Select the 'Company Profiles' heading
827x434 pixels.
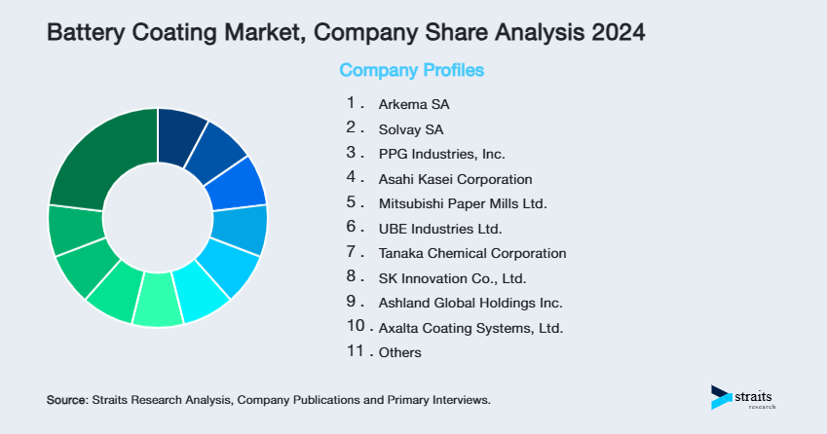click(411, 70)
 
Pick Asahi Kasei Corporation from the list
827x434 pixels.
click(455, 179)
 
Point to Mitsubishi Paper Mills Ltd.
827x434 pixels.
click(463, 204)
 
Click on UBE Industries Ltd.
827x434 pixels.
click(439, 229)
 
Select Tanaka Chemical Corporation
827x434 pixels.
click(472, 253)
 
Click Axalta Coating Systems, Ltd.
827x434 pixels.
click(470, 328)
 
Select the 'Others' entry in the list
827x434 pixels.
click(400, 352)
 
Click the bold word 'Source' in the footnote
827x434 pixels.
click(66, 400)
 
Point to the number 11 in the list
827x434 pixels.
click(356, 351)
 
